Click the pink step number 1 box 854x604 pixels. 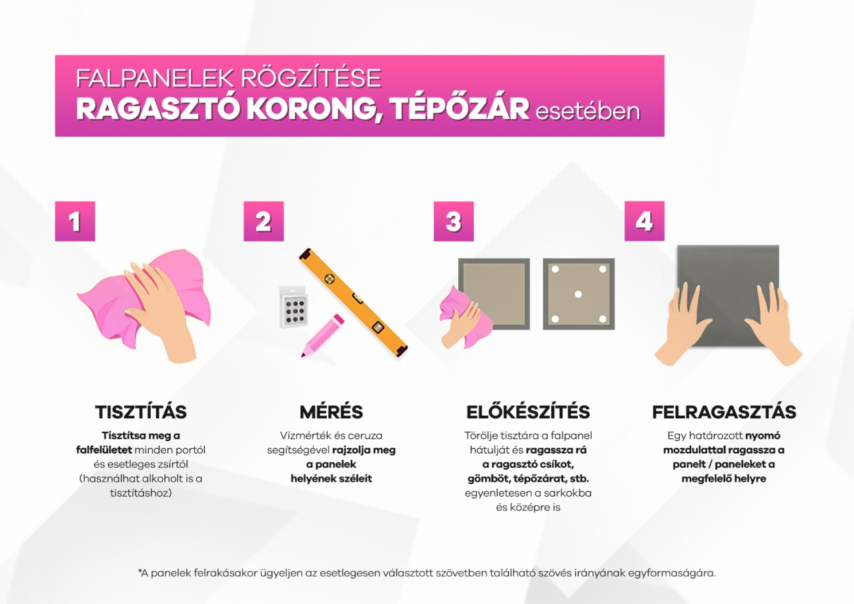click(x=75, y=221)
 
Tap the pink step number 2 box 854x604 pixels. click(x=264, y=221)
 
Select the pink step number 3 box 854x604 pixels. click(x=454, y=221)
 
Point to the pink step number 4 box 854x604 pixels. click(x=645, y=221)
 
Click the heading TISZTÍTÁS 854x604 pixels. click(x=141, y=412)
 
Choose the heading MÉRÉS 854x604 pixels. click(x=332, y=412)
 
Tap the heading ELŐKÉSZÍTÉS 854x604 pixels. click(x=528, y=412)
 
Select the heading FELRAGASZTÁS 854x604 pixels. click(x=724, y=412)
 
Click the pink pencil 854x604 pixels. click(x=322, y=336)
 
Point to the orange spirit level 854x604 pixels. click(x=353, y=303)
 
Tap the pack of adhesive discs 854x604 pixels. click(x=293, y=306)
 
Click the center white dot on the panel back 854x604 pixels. click(x=578, y=294)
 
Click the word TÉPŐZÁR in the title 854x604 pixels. click(x=460, y=110)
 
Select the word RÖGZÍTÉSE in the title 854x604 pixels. click(x=311, y=78)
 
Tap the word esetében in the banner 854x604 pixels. click(x=588, y=111)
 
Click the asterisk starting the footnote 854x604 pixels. click(x=140, y=571)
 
